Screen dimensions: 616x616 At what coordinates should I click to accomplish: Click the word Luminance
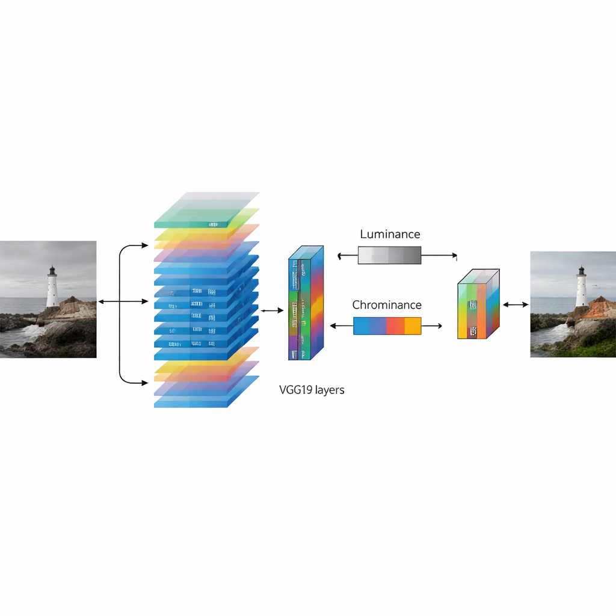coord(390,234)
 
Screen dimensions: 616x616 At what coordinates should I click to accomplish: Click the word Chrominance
coord(387,305)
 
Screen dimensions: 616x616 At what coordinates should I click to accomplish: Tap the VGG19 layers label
coord(312,390)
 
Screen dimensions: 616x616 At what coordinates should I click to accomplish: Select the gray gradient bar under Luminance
coord(389,255)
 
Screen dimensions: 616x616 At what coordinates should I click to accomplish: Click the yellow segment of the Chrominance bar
coord(413,325)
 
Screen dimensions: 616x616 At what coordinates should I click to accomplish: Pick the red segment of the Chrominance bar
coord(395,325)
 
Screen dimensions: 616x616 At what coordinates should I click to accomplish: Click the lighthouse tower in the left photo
coord(52,292)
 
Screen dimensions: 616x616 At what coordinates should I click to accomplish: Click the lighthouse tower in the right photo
coord(581,292)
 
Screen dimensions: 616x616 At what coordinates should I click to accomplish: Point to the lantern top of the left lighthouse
coord(52,270)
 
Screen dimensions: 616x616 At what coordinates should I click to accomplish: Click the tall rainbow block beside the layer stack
coord(306,304)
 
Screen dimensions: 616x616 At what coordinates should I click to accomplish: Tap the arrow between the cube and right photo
coord(515,305)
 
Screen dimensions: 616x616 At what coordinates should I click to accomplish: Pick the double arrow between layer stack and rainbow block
coord(271,310)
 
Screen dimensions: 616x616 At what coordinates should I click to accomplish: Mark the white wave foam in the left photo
coord(34,330)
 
